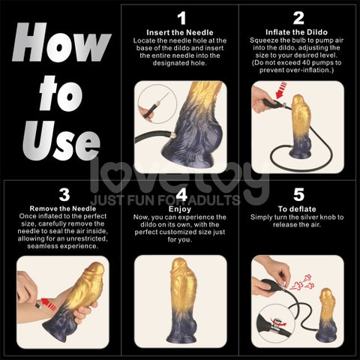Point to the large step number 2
pos(298,18)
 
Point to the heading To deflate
pos(298,210)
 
